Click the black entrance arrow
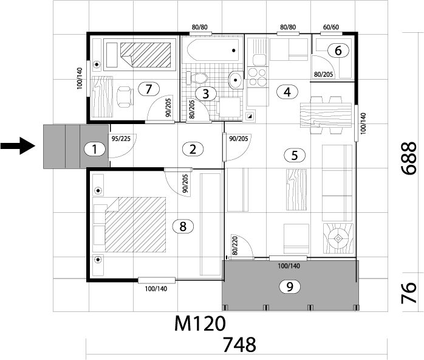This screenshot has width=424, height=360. point(18,146)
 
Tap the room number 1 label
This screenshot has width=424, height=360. point(94,149)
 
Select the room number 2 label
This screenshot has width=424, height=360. point(193,149)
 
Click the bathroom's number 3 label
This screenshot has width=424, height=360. point(206,94)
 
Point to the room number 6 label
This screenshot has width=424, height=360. point(338,50)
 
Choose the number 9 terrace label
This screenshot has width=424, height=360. point(290,286)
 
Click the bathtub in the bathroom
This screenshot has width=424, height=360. point(213,50)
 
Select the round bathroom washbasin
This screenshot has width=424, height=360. point(236,80)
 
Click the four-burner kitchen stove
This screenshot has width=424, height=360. point(257,77)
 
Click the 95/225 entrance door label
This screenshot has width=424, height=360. point(121,139)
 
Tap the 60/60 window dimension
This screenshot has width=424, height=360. point(331,27)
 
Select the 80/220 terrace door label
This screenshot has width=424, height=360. point(234,246)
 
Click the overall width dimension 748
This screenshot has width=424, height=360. point(239,345)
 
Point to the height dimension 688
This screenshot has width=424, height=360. point(408,159)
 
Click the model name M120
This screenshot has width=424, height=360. point(200,323)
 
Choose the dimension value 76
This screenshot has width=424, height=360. point(408,293)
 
